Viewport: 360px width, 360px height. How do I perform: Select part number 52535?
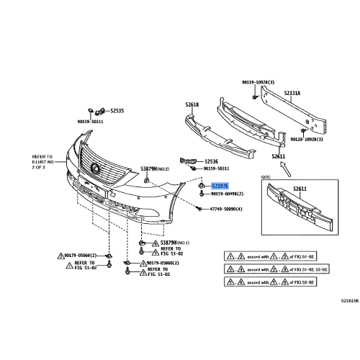coord(117,111)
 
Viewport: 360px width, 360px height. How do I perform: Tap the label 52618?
coord(192,104)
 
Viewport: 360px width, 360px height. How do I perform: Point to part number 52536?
coord(210,161)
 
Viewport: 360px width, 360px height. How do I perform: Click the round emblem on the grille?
coord(94,167)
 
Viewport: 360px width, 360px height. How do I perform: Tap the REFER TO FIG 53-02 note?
coord(171,253)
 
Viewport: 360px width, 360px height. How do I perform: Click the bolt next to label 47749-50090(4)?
coord(197,208)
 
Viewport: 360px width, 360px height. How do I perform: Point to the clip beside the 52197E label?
coord(197,186)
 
